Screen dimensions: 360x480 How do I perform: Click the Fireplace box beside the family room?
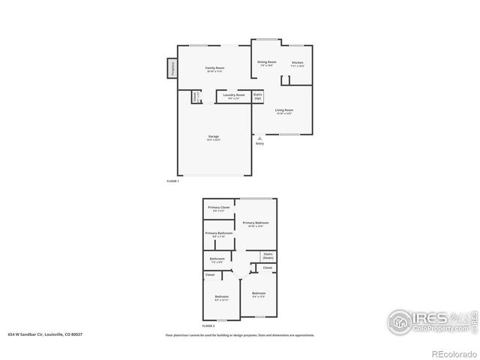click(x=172, y=69)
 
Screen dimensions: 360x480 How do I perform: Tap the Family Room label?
click(x=215, y=69)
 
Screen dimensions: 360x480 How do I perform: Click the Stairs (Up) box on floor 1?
click(x=257, y=97)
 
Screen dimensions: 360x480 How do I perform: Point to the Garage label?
click(x=214, y=137)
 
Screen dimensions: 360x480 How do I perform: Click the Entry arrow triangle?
click(x=259, y=138)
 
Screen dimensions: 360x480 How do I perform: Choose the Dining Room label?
click(x=267, y=63)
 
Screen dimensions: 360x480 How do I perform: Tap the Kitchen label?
click(x=298, y=64)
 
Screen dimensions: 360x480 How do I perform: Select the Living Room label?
click(x=283, y=111)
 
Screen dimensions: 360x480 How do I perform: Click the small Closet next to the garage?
click(x=196, y=97)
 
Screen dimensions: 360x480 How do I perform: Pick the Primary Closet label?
click(x=219, y=208)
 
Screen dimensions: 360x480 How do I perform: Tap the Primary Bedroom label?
click(x=256, y=224)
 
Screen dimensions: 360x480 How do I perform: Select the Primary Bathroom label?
click(x=219, y=234)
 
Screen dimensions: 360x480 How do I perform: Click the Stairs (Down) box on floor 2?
click(x=268, y=256)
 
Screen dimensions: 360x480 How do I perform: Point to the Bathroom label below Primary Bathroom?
click(x=217, y=260)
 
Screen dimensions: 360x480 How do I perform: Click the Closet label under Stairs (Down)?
click(x=268, y=268)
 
